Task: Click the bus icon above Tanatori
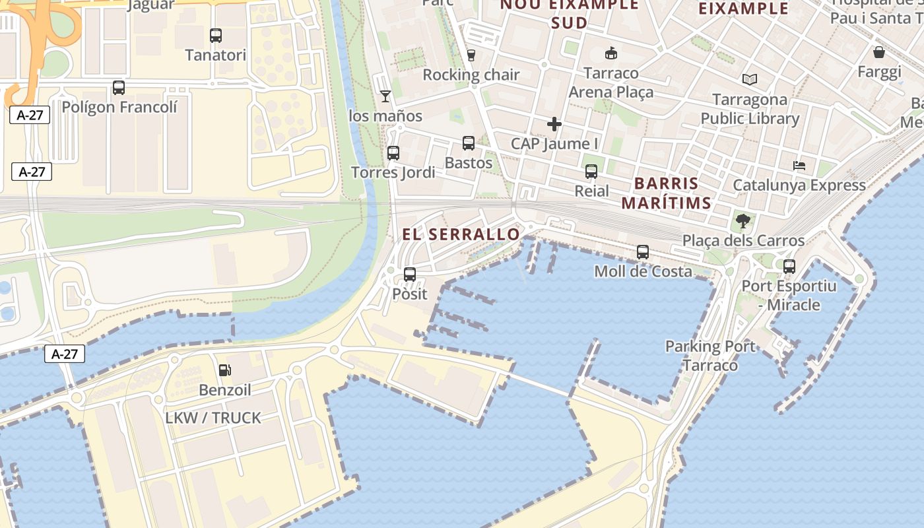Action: click(216, 36)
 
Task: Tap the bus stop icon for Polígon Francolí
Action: click(119, 88)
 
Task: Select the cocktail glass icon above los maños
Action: click(385, 97)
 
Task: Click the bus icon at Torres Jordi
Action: click(393, 153)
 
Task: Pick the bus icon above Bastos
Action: click(469, 143)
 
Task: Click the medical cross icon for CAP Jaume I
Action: click(554, 124)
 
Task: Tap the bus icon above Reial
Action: click(591, 172)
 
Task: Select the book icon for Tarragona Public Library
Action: click(749, 80)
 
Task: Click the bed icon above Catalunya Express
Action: click(799, 166)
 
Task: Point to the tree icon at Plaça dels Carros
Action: click(743, 221)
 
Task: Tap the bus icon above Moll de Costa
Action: click(643, 252)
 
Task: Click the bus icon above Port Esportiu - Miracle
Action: click(789, 267)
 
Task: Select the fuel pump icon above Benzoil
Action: click(225, 370)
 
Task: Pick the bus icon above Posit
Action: click(410, 275)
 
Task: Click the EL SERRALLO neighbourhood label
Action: click(461, 234)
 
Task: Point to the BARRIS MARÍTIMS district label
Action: click(666, 193)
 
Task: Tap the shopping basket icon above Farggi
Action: click(879, 52)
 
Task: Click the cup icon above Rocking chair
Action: click(471, 55)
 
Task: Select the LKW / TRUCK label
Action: click(213, 418)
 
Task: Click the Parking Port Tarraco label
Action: click(710, 356)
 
